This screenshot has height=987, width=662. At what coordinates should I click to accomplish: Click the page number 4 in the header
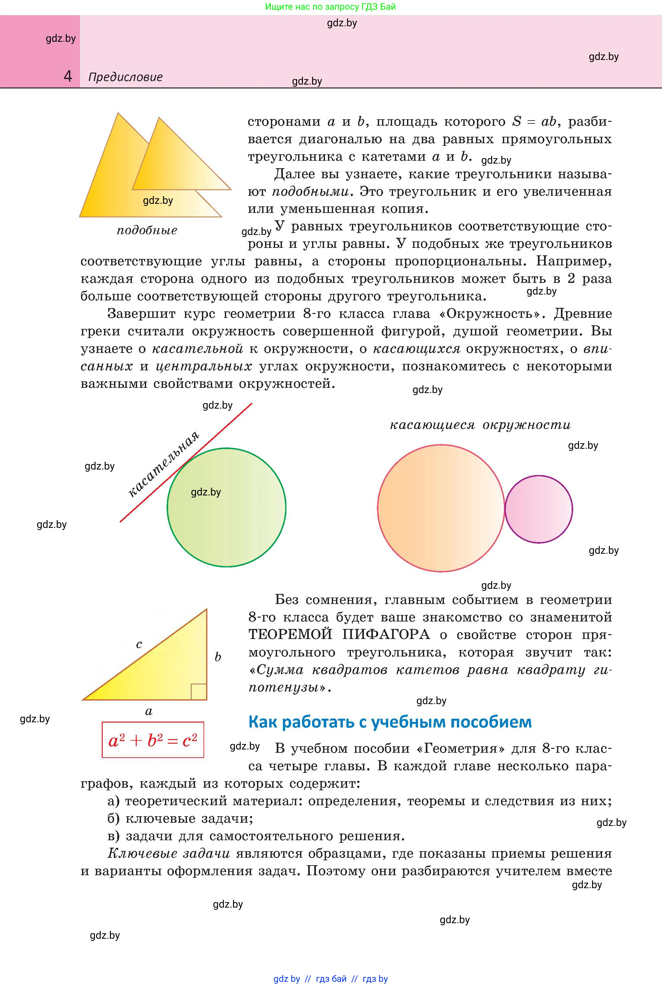point(67,76)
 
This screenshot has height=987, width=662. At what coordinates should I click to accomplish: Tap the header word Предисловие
point(125,77)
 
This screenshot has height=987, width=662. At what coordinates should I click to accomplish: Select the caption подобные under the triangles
point(147,230)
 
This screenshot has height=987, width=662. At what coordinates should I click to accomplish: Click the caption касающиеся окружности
point(480,425)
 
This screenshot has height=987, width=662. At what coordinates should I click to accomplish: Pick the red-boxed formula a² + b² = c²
point(153,740)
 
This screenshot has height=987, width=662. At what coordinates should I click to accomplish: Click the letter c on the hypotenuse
point(139,644)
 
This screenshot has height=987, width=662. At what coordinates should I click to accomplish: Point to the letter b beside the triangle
point(218,657)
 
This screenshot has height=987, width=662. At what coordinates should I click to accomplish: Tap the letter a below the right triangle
point(149,711)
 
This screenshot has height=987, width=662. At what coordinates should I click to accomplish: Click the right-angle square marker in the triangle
point(198,692)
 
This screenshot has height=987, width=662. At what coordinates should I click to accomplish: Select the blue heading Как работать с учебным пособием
point(390,722)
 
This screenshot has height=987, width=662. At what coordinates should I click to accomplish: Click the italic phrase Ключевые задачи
point(168,853)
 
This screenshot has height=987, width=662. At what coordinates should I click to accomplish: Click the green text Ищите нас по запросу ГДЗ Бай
point(331,7)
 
